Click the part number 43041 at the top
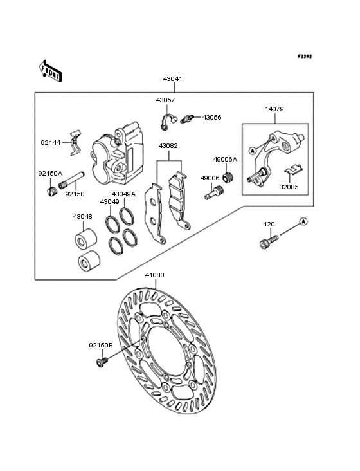click(x=172, y=79)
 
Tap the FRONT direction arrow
click(x=50, y=71)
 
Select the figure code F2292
click(x=305, y=56)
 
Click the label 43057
click(x=165, y=100)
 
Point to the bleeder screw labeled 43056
click(x=188, y=118)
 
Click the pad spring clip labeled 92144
click(x=75, y=143)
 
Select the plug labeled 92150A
click(x=51, y=190)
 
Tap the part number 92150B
click(x=101, y=346)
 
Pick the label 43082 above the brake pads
click(x=168, y=146)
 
